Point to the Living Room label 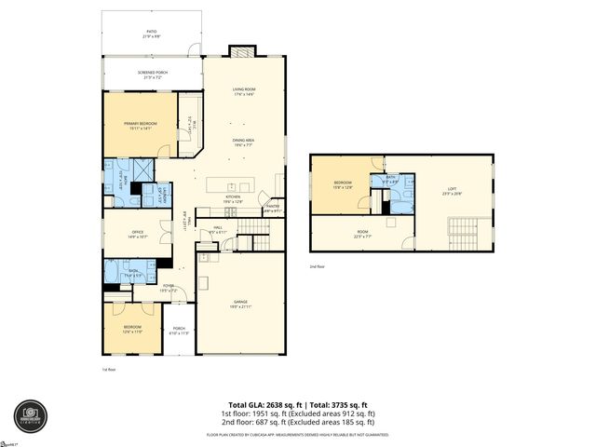(244, 91)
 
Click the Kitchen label (233, 198)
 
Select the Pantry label (271, 210)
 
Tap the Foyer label (169, 288)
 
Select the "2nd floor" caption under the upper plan (318, 265)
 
